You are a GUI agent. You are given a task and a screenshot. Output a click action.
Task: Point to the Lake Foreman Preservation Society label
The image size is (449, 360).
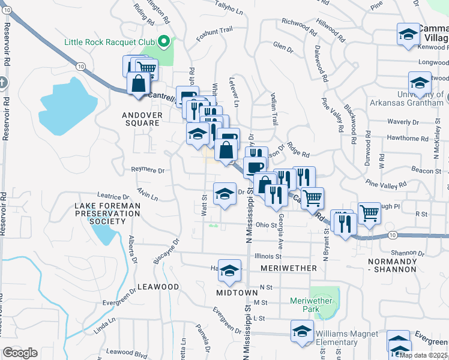[x=107, y=213]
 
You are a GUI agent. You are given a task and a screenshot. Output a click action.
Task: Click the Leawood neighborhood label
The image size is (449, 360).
[x=158, y=287]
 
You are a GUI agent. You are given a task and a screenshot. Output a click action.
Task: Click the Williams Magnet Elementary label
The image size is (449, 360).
[x=346, y=338]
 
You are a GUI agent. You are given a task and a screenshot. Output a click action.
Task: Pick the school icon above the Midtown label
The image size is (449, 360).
[x=229, y=271]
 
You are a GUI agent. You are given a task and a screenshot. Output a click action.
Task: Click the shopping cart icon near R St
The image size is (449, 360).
[x=369, y=213]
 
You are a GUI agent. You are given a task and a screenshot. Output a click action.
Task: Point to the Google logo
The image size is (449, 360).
[x=20, y=353]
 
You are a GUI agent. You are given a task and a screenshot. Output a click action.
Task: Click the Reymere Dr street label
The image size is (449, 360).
[x=148, y=170]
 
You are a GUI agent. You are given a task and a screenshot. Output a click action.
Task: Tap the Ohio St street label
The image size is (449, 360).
[x=264, y=225]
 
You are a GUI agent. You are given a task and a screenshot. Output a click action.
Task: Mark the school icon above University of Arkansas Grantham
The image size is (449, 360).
[x=420, y=83]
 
